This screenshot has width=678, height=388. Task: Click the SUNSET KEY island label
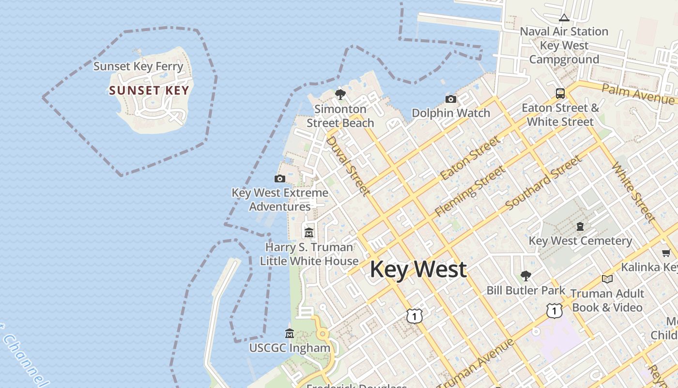[149, 91]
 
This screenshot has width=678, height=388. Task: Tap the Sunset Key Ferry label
[138, 66]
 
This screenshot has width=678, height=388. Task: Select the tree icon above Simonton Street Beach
[340, 95]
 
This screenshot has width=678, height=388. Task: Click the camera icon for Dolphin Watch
[451, 99]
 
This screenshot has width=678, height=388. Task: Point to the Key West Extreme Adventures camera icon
[280, 178]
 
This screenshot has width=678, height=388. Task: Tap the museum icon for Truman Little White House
[309, 232]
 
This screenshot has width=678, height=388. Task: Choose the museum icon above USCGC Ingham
[290, 334]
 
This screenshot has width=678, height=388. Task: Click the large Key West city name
[418, 269]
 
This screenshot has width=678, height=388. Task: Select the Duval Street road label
[348, 166]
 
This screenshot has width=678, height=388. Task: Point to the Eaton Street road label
[470, 158]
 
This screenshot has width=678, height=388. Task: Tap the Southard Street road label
[543, 183]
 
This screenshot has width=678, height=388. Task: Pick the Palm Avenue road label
[638, 93]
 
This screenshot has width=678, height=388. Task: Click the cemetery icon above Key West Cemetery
[580, 226]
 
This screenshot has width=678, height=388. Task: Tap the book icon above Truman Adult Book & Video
[607, 279]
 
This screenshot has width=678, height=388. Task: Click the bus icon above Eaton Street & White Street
[560, 94]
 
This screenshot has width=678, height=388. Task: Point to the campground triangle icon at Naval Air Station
[564, 18]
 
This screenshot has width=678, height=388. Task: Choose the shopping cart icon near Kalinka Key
[666, 253]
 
